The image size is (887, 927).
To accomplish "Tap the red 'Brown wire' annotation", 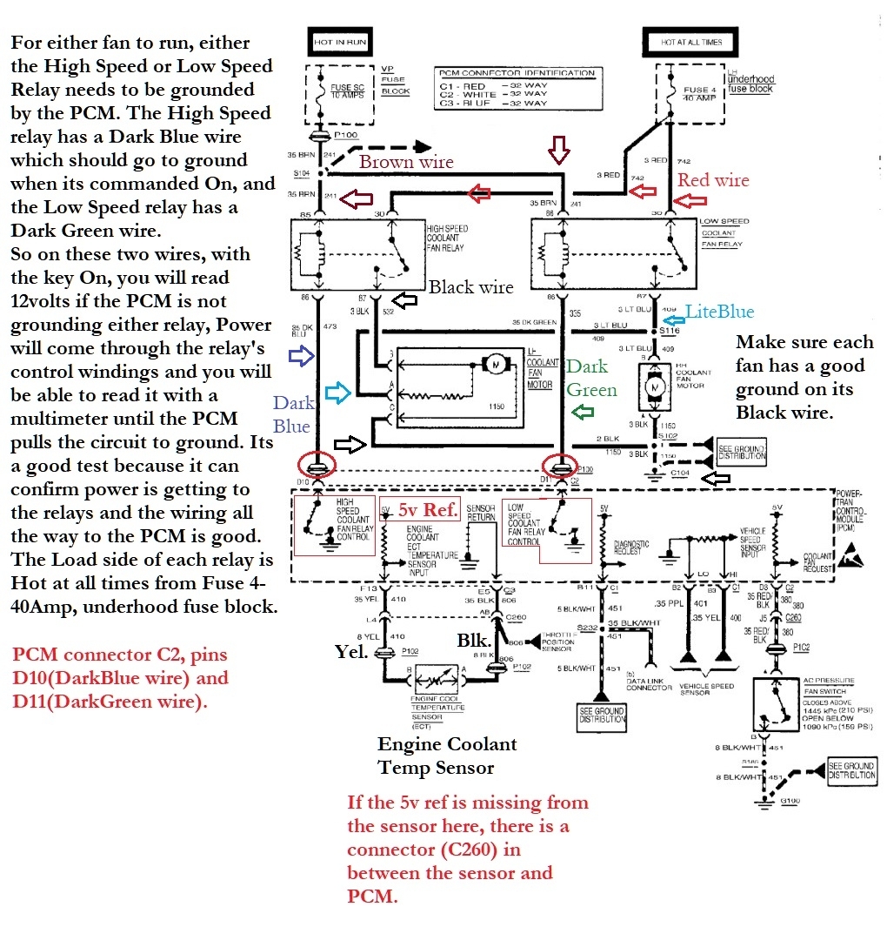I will pyautogui.click(x=406, y=162).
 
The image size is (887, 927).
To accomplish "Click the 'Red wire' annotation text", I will pyautogui.click(x=712, y=180).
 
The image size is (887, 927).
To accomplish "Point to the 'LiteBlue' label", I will pyautogui.click(x=719, y=312).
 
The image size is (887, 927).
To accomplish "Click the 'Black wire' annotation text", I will pyautogui.click(x=470, y=287).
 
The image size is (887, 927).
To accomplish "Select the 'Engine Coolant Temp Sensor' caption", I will pyautogui.click(x=447, y=756).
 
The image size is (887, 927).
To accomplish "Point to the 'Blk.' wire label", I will pyautogui.click(x=475, y=640).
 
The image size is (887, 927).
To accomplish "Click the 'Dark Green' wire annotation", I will pyautogui.click(x=592, y=379).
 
